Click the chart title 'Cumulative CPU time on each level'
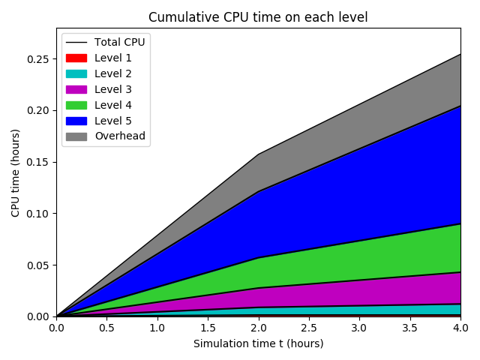pyautogui.click(x=258, y=17)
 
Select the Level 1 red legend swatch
pyautogui.click(x=76, y=58)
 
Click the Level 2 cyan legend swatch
pyautogui.click(x=76, y=73)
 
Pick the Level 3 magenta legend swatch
pyautogui.click(x=76, y=89)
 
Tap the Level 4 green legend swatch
pyautogui.click(x=76, y=105)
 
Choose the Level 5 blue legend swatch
pyautogui.click(x=76, y=121)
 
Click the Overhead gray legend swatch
pyautogui.click(x=76, y=136)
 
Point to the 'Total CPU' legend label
pyautogui.click(x=119, y=42)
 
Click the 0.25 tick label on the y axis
pyautogui.click(x=38, y=59)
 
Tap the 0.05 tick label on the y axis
pyautogui.click(x=38, y=265)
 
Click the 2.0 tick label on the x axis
pyautogui.click(x=258, y=328)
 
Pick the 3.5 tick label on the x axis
pyautogui.click(x=409, y=328)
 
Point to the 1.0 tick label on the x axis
pyautogui.click(x=157, y=328)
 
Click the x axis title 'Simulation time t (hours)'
pyautogui.click(x=258, y=343)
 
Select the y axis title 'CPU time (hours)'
pyautogui.click(x=16, y=172)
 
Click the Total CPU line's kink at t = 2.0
pyautogui.click(x=258, y=154)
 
